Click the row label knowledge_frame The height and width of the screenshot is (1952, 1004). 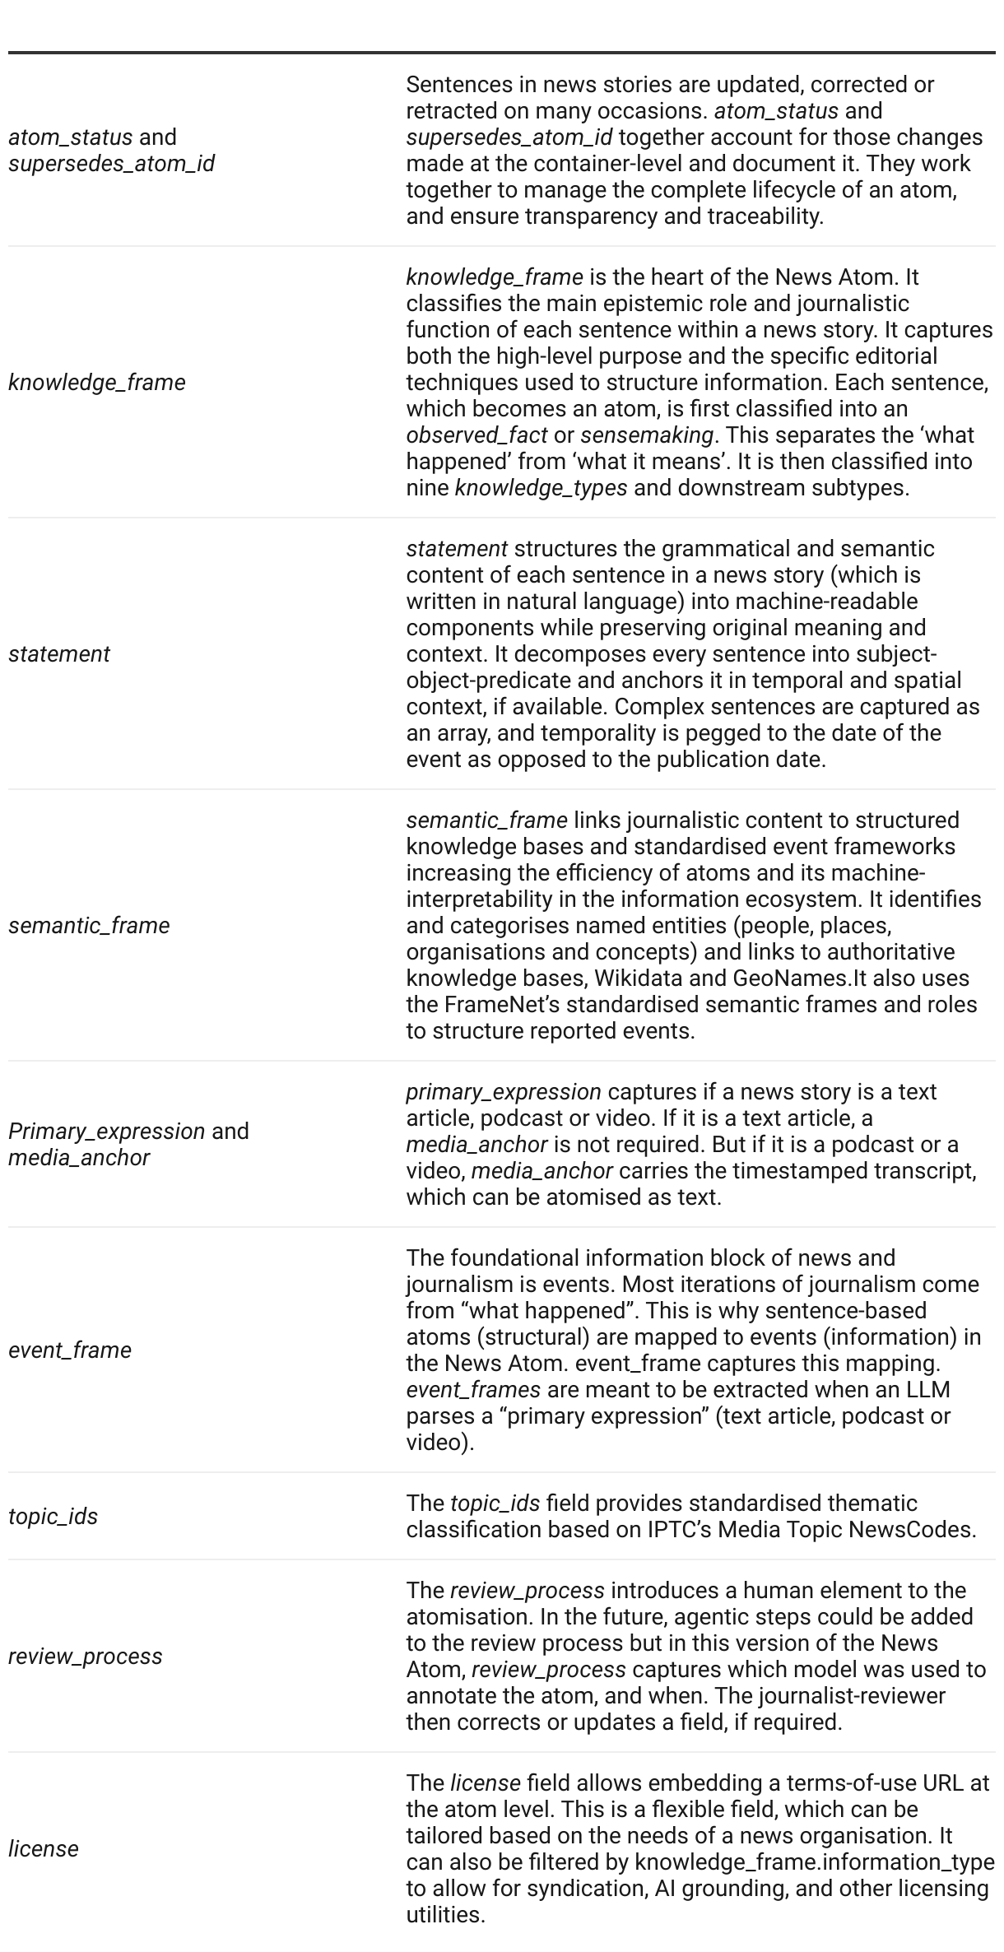point(97,383)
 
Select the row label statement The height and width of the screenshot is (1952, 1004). point(59,654)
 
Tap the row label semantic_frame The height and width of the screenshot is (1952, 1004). point(89,926)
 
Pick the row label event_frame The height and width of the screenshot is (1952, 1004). point(70,1350)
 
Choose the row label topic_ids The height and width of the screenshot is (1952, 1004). point(53,1517)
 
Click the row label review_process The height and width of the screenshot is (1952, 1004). point(86,1657)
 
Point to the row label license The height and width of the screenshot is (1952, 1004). point(44,1849)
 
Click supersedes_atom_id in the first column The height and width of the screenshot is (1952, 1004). point(111,164)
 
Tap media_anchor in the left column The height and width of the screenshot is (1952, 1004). point(79,1158)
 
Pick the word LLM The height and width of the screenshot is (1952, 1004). point(927,1390)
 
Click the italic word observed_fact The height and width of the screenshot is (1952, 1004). point(476,435)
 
